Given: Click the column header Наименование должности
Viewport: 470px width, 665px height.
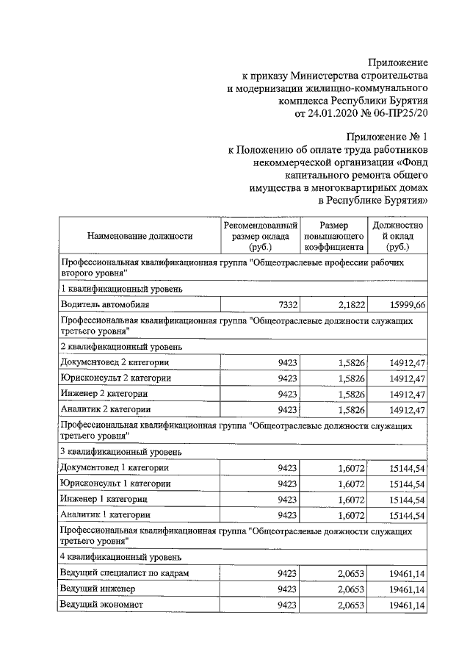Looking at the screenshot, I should coord(140,236).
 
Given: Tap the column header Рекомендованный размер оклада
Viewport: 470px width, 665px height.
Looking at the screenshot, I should coord(261,236).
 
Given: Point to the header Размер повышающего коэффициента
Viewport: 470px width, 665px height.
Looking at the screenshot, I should coord(334,236).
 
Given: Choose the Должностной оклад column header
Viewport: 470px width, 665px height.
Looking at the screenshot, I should coord(397,236).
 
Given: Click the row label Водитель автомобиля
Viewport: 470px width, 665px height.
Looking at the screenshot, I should coord(105,303).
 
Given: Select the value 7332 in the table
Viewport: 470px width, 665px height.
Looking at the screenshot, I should coord(287,303).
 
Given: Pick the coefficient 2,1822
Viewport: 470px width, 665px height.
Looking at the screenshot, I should coord(352,303).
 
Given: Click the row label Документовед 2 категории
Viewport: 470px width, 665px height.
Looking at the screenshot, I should coord(115,362).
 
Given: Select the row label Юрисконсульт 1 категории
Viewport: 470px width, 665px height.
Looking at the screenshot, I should coord(116,484).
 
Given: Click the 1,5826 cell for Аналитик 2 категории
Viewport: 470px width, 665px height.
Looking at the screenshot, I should coord(352,409).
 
